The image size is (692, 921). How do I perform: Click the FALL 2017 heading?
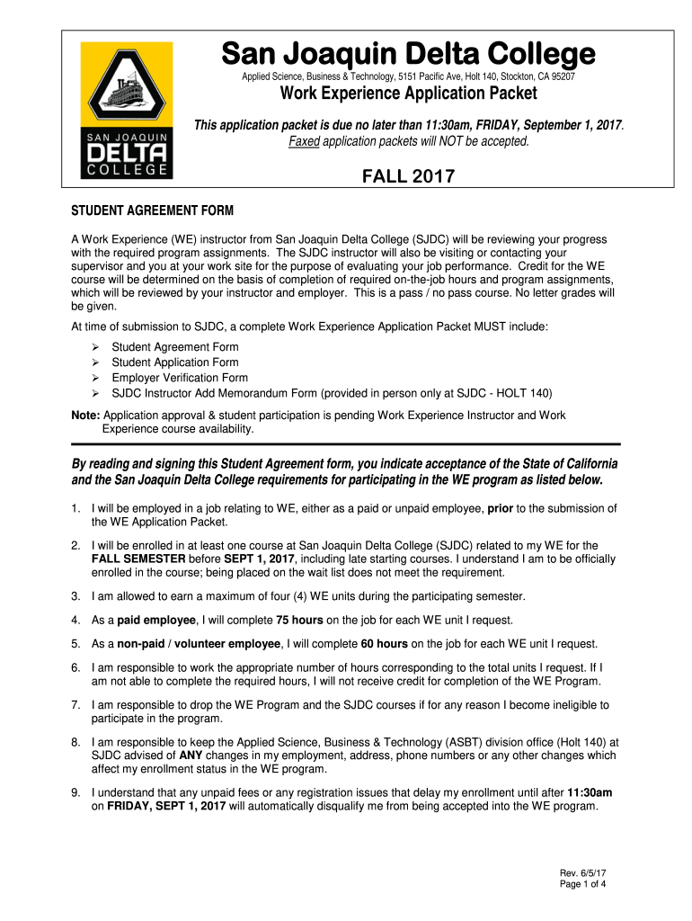(409, 177)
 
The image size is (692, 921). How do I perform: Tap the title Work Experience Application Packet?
(409, 94)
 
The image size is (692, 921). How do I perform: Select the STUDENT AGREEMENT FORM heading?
(152, 211)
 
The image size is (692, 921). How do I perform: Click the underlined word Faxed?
(304, 142)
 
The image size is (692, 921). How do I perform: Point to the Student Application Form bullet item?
(175, 362)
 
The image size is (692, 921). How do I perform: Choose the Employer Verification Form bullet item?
(180, 378)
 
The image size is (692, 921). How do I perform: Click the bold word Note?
(86, 416)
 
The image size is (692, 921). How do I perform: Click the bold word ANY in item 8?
(191, 756)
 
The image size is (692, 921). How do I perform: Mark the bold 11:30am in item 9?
(590, 792)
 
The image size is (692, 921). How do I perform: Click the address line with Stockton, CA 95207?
(409, 77)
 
